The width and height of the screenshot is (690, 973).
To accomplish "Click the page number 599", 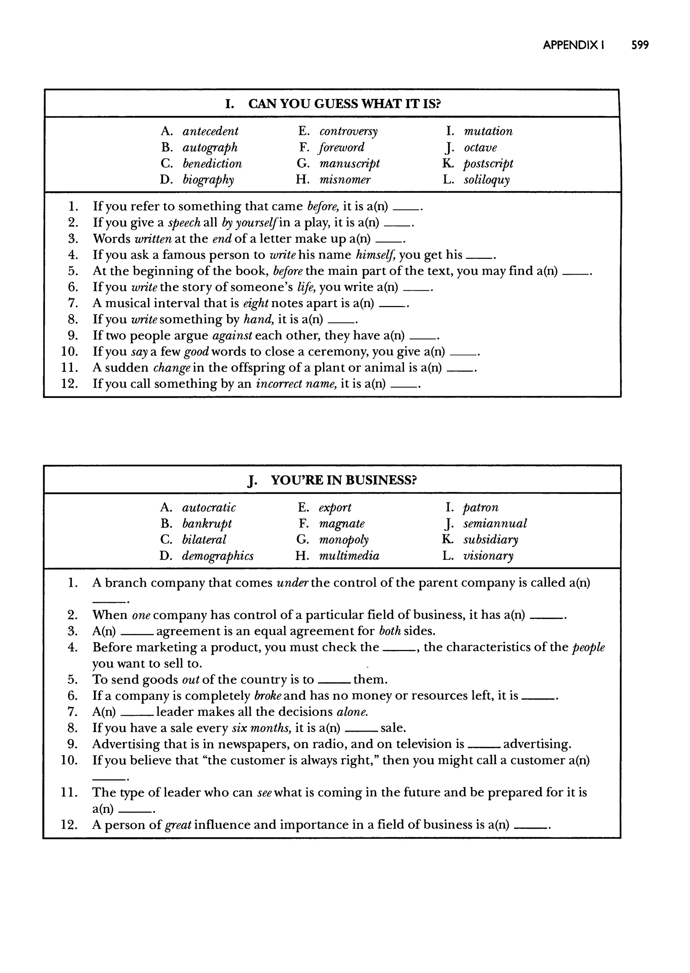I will [639, 45].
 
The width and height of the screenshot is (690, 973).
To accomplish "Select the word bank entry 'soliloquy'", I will [486, 180].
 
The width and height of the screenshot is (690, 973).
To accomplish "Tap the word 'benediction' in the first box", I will [212, 164].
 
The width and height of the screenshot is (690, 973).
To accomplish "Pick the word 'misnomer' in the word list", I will [345, 180].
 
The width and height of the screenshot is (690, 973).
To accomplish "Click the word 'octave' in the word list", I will [480, 148].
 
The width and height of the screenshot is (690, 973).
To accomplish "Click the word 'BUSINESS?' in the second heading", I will [381, 480].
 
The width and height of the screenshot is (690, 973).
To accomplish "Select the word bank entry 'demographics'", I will [218, 556].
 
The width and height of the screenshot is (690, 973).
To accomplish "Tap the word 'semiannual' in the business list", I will [495, 524].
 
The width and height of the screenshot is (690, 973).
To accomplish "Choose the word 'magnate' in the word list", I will [342, 524].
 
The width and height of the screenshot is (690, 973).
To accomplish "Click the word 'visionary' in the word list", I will [488, 556].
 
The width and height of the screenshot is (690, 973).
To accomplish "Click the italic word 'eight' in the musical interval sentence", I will [256, 303].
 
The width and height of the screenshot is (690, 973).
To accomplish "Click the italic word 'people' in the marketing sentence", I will [589, 647].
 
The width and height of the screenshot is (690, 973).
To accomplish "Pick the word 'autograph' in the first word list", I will [210, 148].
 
